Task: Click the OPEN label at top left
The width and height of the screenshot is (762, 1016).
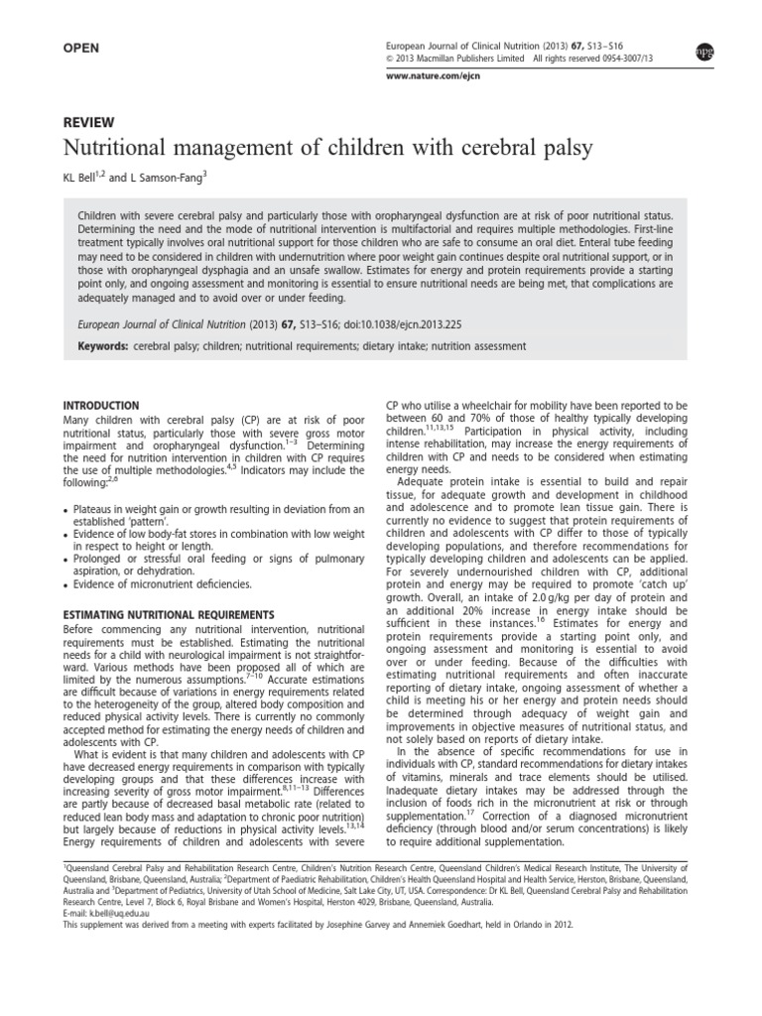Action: (x=84, y=47)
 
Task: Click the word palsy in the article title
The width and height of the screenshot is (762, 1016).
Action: (x=565, y=149)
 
